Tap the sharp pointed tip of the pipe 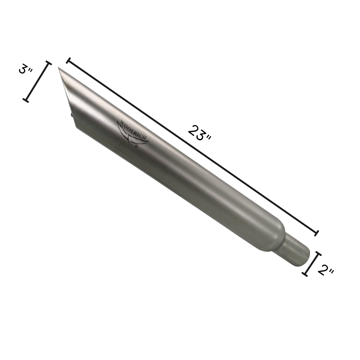tap(58, 67)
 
